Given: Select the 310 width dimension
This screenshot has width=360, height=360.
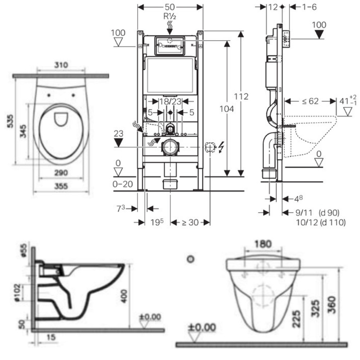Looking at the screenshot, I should click(61, 65).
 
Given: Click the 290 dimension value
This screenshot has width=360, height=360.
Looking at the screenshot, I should click(61, 173).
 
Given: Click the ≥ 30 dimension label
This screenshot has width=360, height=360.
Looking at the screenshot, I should click(189, 222).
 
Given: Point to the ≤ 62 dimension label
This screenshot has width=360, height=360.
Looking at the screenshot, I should click(310, 101).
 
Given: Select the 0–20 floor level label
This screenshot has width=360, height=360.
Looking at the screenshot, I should click(123, 184).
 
